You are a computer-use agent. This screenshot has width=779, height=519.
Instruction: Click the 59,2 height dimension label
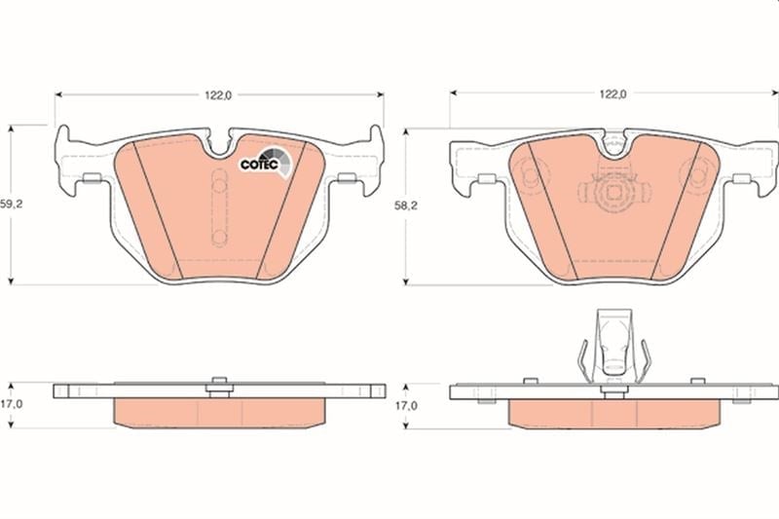coord(12,204)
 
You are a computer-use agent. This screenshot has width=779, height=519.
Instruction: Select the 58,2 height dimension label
coord(406,205)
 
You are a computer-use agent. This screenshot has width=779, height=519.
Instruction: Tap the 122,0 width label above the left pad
coord(218,94)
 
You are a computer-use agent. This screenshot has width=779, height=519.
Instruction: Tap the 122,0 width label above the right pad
coord(613,93)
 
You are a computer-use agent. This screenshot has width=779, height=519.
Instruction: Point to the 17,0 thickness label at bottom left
coord(12,404)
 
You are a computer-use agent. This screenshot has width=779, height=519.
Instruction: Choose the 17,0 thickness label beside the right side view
coord(406,406)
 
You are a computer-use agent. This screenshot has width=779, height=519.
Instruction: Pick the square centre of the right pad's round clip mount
coord(614,192)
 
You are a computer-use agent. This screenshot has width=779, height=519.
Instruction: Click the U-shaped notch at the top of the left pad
coord(218,145)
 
